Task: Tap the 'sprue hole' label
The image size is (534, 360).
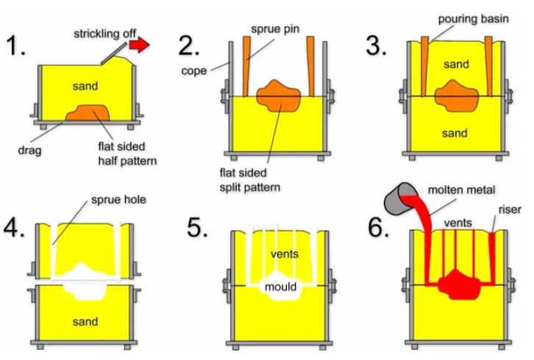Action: click(120, 200)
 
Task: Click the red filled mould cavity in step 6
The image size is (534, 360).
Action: click(458, 284)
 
